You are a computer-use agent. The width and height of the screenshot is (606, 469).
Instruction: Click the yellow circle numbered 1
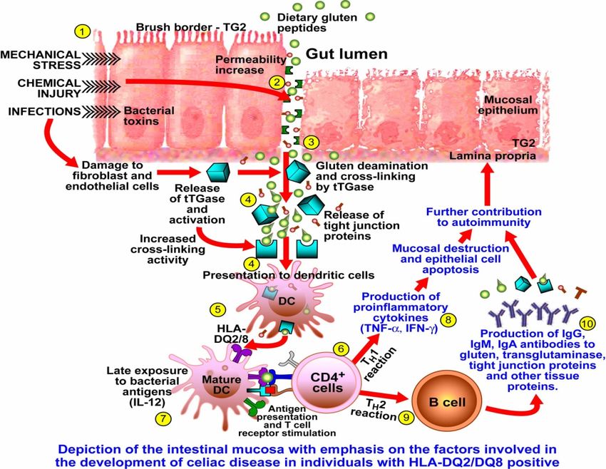pos(82,32)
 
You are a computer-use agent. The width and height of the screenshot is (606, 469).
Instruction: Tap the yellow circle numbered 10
pos(587,324)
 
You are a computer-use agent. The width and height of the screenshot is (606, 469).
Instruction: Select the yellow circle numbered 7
pos(163,418)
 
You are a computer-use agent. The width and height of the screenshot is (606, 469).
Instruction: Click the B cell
pos(447,402)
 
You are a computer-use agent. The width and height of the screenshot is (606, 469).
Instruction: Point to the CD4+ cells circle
pos(327,382)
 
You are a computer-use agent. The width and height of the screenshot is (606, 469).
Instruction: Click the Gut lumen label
pos(346,54)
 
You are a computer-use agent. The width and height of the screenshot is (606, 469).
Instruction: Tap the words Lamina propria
pos(493,155)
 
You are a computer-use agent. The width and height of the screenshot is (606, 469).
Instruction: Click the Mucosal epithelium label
pos(508,105)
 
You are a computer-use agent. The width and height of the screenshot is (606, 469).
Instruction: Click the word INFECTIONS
pos(44,112)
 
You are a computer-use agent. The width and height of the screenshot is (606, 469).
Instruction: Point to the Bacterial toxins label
pos(149,116)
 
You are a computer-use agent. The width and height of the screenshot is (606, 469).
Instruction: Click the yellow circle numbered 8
pos(448,320)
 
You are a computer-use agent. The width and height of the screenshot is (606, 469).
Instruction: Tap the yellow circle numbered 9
pos(406,417)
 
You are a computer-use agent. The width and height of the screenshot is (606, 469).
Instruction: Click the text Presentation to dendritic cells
pos(288,275)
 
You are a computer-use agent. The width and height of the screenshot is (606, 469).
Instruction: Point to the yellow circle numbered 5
pos(218,309)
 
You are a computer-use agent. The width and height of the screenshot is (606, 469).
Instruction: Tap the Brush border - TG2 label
pos(191,27)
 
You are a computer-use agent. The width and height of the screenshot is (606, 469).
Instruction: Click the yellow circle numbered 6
pos(341,349)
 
